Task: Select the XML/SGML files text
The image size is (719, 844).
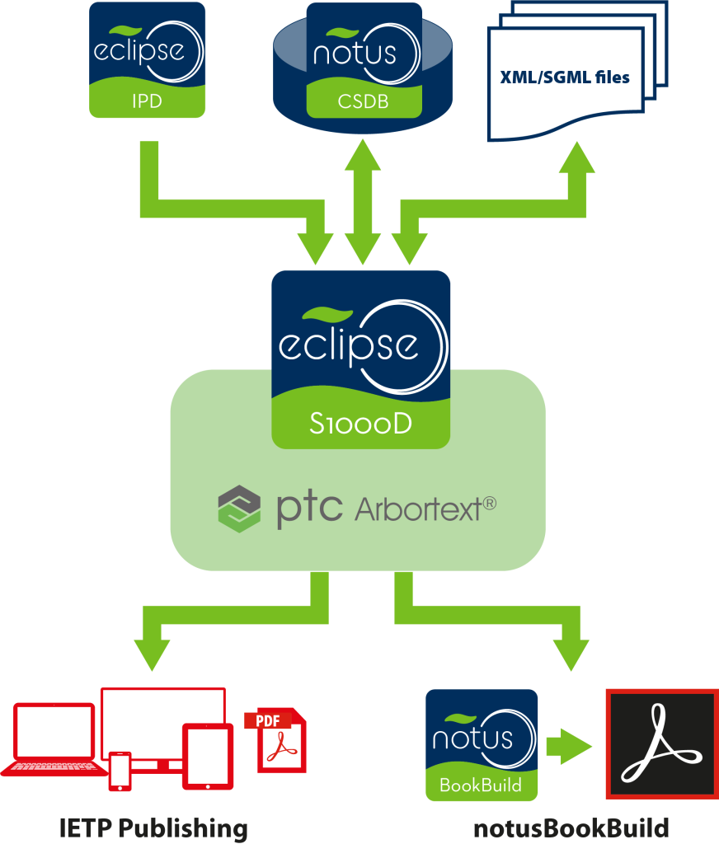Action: (565, 78)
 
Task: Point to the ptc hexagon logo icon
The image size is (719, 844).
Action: (239, 509)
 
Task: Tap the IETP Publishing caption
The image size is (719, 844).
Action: (153, 828)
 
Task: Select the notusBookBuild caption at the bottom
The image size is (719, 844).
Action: (571, 828)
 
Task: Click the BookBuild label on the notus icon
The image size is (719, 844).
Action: (481, 785)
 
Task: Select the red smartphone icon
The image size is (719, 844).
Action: (120, 771)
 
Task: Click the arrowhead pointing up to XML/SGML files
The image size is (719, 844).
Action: (576, 158)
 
